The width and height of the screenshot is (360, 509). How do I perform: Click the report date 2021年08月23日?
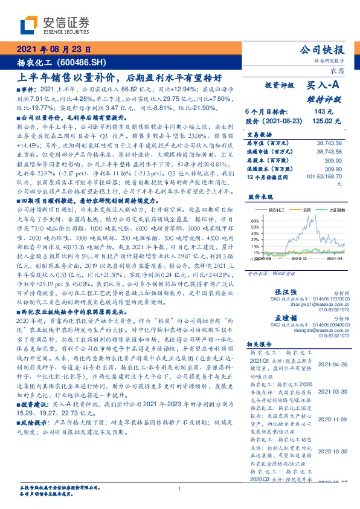pyautogui.click(x=53, y=50)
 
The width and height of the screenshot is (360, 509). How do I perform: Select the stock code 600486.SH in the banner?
pyautogui.click(x=91, y=62)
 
